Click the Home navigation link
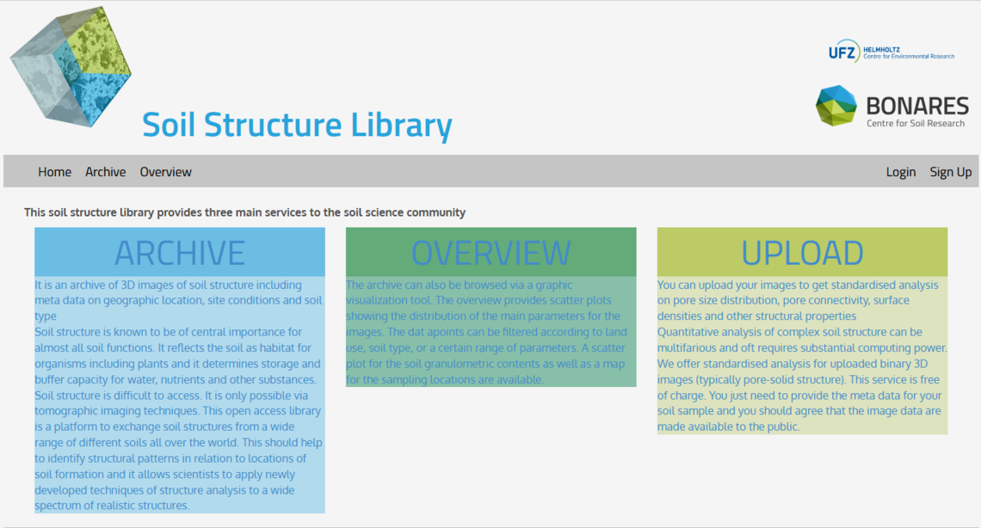coord(54,172)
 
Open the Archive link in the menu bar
coord(105,172)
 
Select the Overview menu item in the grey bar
coord(165,172)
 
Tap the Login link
coord(900,173)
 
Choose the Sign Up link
coord(950,173)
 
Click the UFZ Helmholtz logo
coord(891,52)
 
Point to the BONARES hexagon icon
coord(836,106)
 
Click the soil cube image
coord(71,66)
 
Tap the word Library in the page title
coord(401,125)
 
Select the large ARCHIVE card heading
coord(180,253)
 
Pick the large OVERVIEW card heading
coord(491,253)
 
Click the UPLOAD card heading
coord(802,253)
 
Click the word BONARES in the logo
coord(917,106)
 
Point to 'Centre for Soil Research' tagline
coord(916,123)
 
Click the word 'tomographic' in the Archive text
coord(69,411)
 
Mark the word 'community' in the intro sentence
coord(436,213)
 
